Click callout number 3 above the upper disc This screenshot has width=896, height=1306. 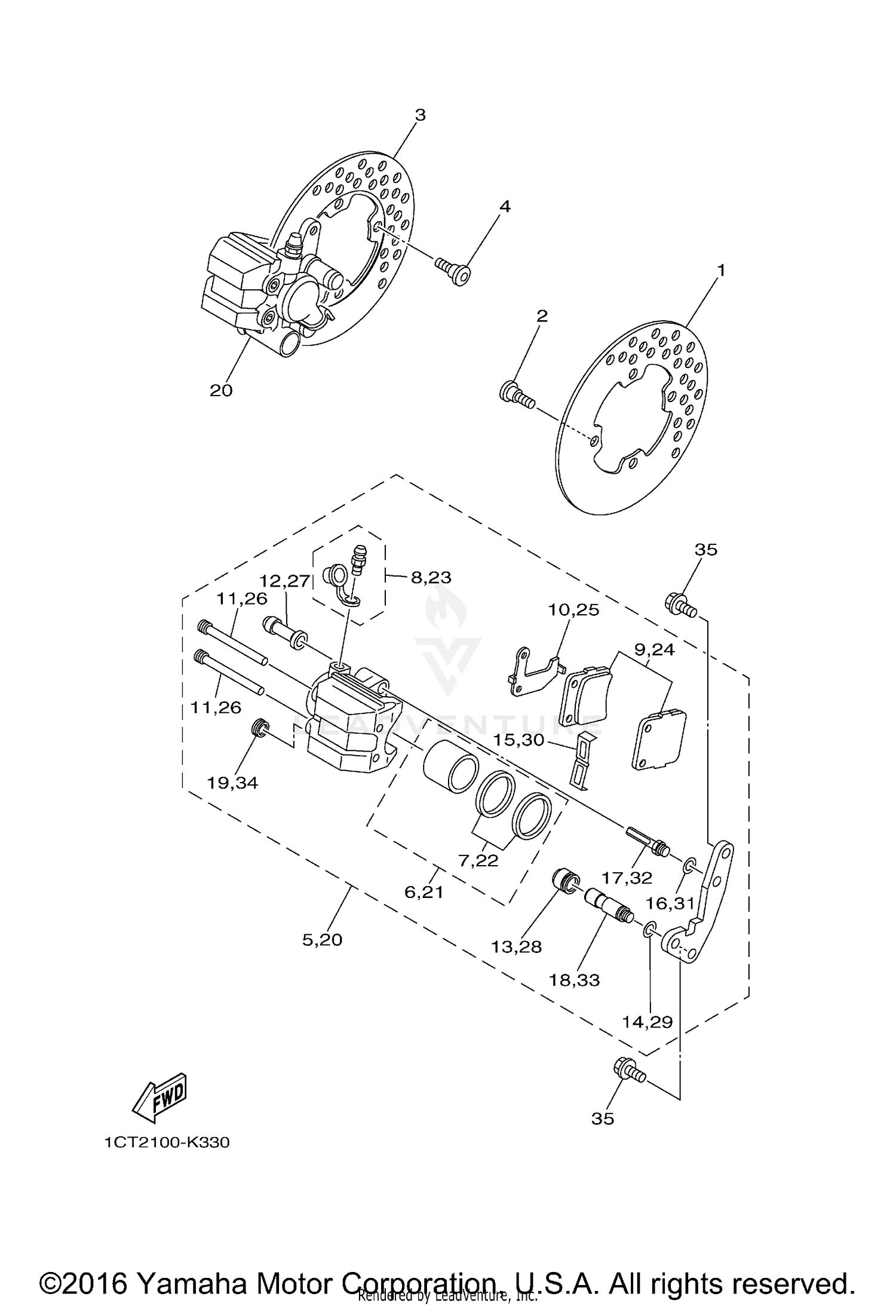420,115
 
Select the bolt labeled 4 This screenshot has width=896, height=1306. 452,271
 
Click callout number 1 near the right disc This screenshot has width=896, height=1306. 720,271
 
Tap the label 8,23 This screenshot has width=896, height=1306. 431,577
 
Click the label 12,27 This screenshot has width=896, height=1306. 285,581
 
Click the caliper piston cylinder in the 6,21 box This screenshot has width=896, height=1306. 449,767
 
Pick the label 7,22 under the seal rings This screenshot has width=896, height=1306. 478,860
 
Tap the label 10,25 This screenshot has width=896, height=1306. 573,610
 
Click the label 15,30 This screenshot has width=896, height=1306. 518,740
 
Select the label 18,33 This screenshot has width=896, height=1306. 575,980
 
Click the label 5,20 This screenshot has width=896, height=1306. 322,940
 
